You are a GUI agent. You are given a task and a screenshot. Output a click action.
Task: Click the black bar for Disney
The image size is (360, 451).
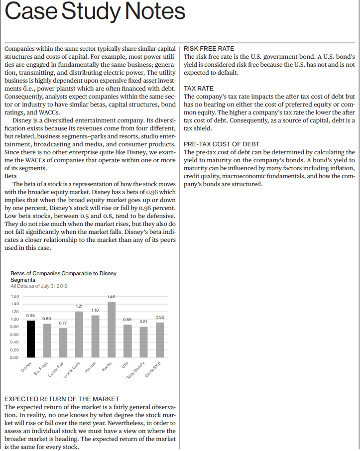click(31, 338)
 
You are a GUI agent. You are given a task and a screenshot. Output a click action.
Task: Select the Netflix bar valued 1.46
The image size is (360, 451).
click(112, 330)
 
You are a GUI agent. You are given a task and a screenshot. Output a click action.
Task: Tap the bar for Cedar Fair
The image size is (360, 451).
click(63, 342)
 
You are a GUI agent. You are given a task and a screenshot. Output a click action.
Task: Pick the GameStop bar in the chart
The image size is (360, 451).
click(160, 339)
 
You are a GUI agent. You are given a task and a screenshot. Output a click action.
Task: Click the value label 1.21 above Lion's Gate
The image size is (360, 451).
click(79, 305)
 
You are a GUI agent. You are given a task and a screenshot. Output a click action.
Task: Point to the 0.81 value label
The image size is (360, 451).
click(144, 322)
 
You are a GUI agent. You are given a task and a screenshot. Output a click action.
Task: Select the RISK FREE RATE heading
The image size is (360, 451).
click(209, 49)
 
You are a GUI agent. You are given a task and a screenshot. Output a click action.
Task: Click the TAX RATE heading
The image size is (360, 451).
click(199, 88)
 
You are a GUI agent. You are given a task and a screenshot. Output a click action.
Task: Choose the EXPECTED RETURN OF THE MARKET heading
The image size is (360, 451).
click(62, 399)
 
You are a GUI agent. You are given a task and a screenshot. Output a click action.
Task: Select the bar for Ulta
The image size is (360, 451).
click(127, 340)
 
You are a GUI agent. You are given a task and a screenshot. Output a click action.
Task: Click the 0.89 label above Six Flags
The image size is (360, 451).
click(47, 318)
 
